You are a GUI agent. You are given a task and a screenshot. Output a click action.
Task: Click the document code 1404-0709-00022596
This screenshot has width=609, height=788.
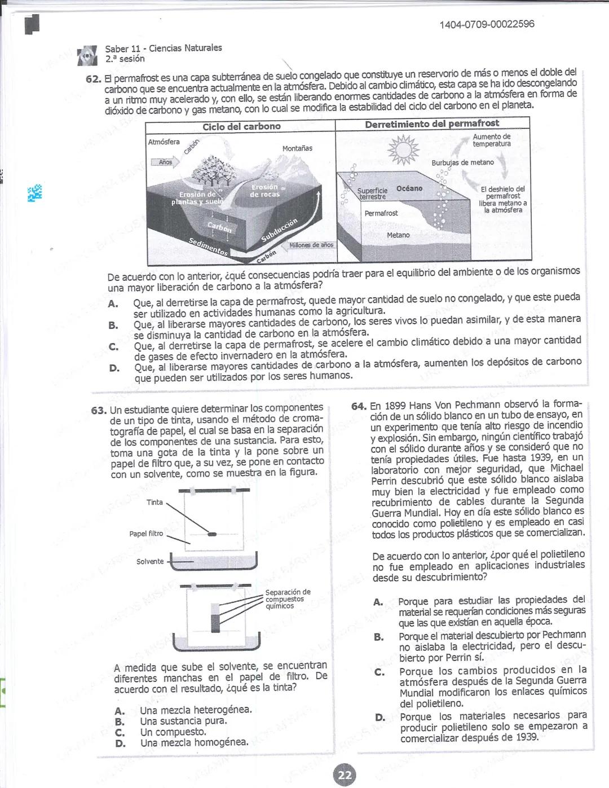pyautogui.click(x=487, y=24)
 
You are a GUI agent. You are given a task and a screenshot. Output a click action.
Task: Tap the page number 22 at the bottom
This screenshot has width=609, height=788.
pyautogui.click(x=345, y=775)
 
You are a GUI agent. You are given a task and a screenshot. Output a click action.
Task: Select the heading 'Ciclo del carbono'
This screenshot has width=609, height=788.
pyautogui.click(x=241, y=126)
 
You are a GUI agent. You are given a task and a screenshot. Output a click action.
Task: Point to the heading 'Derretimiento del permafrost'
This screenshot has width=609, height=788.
pyautogui.click(x=432, y=124)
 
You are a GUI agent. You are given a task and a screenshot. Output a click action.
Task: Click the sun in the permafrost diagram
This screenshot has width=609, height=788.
pyautogui.click(x=403, y=150)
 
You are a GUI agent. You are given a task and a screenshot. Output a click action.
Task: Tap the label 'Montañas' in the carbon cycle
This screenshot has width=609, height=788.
pyautogui.click(x=297, y=148)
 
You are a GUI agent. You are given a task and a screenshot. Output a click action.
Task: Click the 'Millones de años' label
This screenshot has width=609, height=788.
pyautogui.click(x=311, y=245)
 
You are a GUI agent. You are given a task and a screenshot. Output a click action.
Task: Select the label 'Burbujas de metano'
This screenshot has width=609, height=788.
pyautogui.click(x=462, y=162)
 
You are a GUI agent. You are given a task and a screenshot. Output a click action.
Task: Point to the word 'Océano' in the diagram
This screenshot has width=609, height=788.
pyautogui.click(x=409, y=188)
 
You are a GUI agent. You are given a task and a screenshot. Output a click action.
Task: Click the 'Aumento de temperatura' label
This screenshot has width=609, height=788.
pyautogui.click(x=492, y=140)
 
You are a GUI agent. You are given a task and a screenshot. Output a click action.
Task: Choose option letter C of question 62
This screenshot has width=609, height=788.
pyautogui.click(x=113, y=346)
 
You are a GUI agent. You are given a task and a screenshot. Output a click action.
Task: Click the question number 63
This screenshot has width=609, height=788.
pyautogui.click(x=99, y=410)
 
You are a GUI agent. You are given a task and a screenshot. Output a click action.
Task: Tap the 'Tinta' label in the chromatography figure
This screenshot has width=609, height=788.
pyautogui.click(x=155, y=502)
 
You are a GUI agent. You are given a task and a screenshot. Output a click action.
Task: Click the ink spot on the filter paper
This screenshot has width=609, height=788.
pyautogui.click(x=212, y=534)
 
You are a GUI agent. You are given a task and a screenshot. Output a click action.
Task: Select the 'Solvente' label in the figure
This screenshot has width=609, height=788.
pyautogui.click(x=150, y=561)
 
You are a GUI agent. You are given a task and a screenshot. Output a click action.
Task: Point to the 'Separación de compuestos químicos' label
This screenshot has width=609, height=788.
pyautogui.click(x=288, y=599)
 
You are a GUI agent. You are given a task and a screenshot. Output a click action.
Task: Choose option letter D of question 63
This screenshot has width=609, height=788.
pyautogui.click(x=120, y=743)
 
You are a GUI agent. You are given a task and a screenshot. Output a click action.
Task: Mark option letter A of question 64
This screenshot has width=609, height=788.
pyautogui.click(x=378, y=602)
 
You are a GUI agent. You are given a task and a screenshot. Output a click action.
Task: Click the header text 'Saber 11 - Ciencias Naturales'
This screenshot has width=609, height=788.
pyautogui.click(x=164, y=49)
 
